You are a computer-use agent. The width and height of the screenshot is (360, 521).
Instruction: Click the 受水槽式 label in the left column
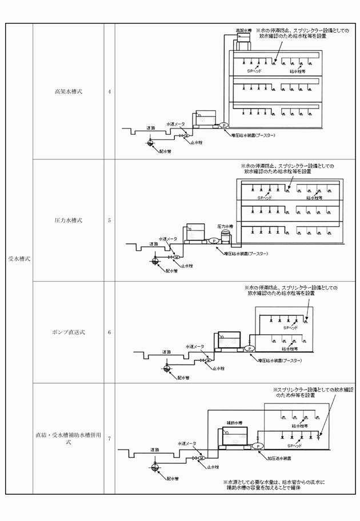pos(19,258)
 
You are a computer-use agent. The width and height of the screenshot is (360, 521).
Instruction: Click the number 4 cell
pos(109,91)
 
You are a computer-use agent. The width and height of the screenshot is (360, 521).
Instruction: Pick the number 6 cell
pos(109,332)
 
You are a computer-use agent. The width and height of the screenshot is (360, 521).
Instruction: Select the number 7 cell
pos(109,438)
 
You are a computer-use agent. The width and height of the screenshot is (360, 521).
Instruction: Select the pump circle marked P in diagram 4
pos(224,125)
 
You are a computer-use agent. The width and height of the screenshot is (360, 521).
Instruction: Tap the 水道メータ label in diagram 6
pos(194,347)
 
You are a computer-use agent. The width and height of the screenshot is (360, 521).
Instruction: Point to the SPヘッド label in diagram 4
pos(254,71)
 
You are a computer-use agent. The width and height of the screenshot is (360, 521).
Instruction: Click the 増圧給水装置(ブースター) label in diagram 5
pos(246,253)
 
